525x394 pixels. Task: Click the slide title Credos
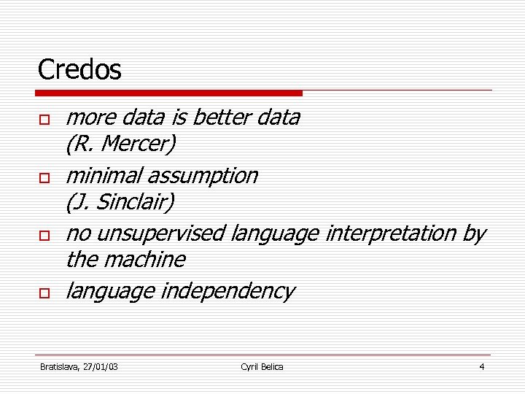tap(79, 70)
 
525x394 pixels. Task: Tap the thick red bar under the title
tap(169, 93)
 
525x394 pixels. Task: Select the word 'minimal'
tap(104, 176)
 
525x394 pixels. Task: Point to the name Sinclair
tap(136, 202)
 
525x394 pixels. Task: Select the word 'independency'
tap(227, 291)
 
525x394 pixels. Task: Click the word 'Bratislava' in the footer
tap(61, 366)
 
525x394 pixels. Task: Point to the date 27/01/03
tap(101, 366)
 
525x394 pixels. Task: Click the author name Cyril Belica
tap(262, 366)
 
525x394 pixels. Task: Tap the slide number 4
tap(481, 366)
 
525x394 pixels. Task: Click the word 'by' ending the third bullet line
tap(474, 233)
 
